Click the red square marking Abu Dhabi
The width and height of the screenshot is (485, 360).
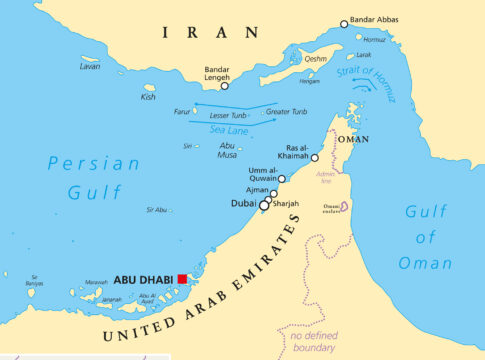pyautogui.click(x=182, y=279)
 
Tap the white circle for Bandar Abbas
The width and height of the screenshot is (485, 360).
pyautogui.click(x=344, y=24)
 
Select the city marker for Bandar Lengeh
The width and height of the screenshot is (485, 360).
pyautogui.click(x=224, y=86)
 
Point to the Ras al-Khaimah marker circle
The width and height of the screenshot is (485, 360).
pyautogui.click(x=314, y=158)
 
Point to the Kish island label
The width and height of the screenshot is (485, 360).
pyautogui.click(x=149, y=97)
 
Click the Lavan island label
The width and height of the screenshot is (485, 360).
pyautogui.click(x=90, y=66)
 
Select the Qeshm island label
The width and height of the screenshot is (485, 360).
pyautogui.click(x=315, y=59)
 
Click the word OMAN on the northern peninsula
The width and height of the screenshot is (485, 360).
pyautogui.click(x=352, y=140)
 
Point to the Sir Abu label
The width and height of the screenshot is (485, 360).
pyautogui.click(x=157, y=210)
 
